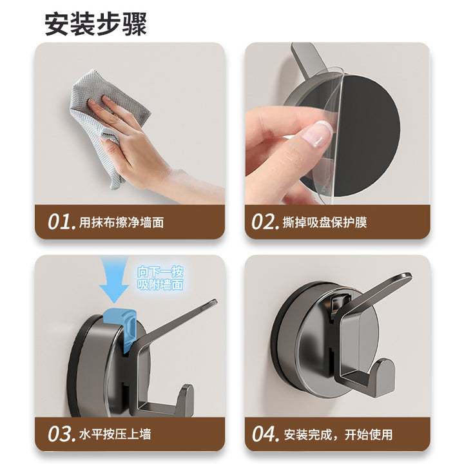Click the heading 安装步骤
(95, 24)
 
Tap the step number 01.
(59, 222)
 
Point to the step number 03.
(59, 434)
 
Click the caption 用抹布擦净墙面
(121, 222)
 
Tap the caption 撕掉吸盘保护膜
(325, 222)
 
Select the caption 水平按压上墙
(115, 434)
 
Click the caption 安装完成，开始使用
(338, 435)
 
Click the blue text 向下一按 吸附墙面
(160, 278)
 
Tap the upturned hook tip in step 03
(186, 396)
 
